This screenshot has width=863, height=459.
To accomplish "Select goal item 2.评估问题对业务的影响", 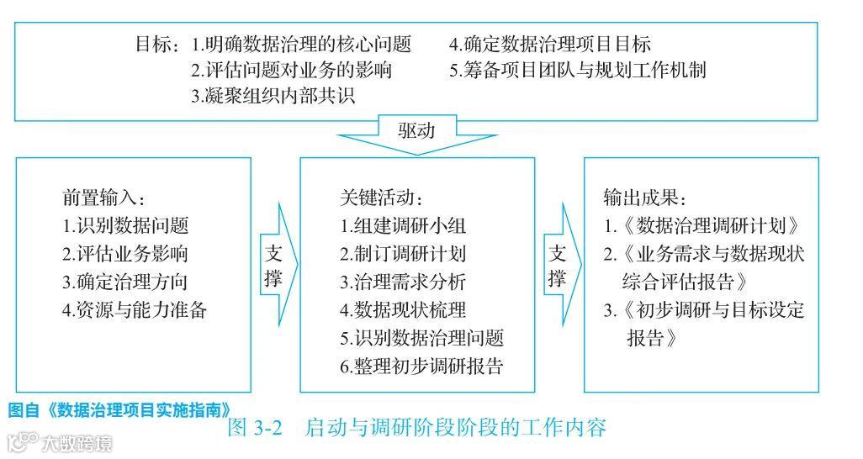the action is (291, 70).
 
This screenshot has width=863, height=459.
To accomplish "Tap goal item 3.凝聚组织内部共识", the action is (273, 95).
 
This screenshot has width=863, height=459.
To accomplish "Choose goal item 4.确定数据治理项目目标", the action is (549, 45).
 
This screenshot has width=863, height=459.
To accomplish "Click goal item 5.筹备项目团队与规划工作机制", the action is (577, 70).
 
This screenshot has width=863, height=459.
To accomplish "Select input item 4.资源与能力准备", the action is (135, 309).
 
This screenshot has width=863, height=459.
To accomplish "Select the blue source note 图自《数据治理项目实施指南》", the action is (119, 410).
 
